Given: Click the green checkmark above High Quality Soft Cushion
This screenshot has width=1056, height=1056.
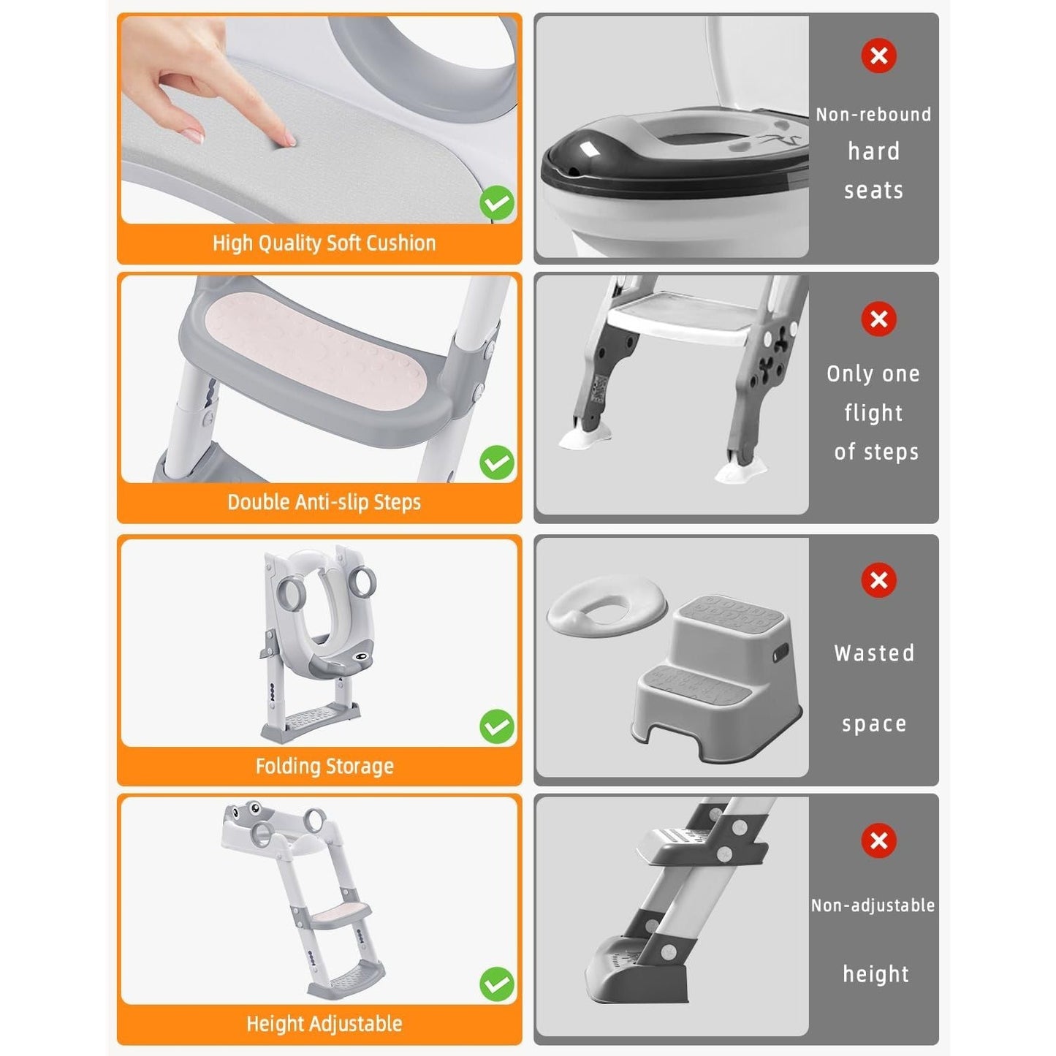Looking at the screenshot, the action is pos(496,202).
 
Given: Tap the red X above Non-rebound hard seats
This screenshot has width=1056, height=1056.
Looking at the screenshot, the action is pos(878,56).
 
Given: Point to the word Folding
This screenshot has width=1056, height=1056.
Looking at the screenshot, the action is pos(285,766).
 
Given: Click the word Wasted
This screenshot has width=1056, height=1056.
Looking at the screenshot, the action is pos(874,653).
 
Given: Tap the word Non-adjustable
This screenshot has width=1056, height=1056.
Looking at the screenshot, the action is pos(873,905).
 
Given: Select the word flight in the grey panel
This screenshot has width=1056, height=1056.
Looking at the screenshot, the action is pos(873,413).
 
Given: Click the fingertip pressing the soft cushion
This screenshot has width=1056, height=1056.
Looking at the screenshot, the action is pos(289,140).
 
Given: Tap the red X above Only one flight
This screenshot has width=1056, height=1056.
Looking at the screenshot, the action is pos(878,319).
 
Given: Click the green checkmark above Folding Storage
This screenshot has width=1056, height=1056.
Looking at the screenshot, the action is pos(496,726).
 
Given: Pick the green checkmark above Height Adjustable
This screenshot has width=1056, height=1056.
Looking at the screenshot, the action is pos(496,984).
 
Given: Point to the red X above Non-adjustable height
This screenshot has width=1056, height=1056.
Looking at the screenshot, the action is pos(878,840).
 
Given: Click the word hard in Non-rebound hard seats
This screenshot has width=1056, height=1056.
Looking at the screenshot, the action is pos(873,151).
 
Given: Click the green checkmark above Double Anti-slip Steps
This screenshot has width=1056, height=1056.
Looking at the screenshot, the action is pos(496,463).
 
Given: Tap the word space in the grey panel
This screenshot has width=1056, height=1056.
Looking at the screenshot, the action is pos(874,725).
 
